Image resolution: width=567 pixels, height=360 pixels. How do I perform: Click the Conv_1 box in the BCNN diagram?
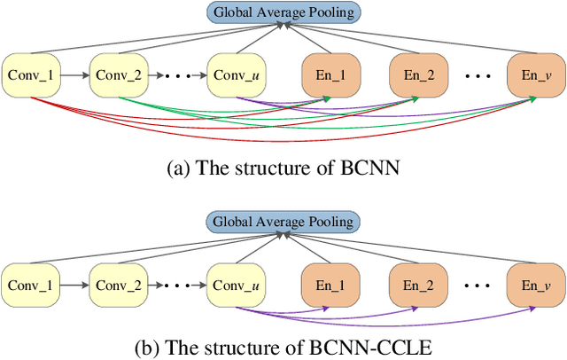tap(28, 74)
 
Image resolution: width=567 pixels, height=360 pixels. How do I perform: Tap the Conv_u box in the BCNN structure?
tap(235, 74)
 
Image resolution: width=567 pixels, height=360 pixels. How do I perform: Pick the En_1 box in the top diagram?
tap(329, 74)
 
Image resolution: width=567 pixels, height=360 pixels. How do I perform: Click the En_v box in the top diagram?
tap(533, 74)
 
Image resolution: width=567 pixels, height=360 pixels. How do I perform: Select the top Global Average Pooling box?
tap(283, 12)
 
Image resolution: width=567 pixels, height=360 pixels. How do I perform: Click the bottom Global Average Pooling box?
tap(283, 222)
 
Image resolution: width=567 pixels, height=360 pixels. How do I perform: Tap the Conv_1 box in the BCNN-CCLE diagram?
tap(28, 285)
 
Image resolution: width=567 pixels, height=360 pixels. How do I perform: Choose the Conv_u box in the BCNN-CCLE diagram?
tap(235, 285)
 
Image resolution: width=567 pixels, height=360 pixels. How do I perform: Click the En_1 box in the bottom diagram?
tap(329, 285)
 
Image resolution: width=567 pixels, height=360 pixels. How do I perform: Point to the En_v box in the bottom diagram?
tap(533, 285)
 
